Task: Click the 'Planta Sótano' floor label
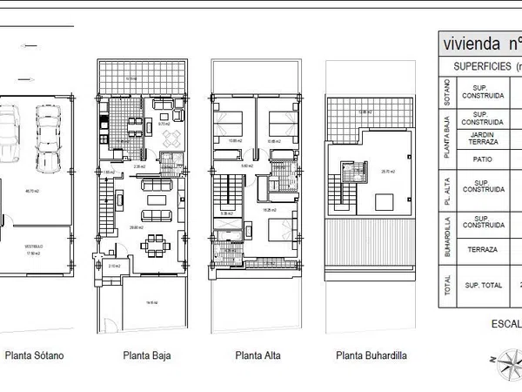tap(34, 355)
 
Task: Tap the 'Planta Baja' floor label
tap(145, 355)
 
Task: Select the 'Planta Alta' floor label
tap(257, 355)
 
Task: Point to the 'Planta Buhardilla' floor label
tap(371, 355)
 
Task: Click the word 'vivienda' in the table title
tap(472, 43)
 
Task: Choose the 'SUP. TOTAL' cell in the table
tap(481, 284)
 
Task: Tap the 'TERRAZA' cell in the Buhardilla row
tap(481, 249)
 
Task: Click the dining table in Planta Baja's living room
tap(157, 239)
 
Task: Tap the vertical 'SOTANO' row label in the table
tap(446, 91)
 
